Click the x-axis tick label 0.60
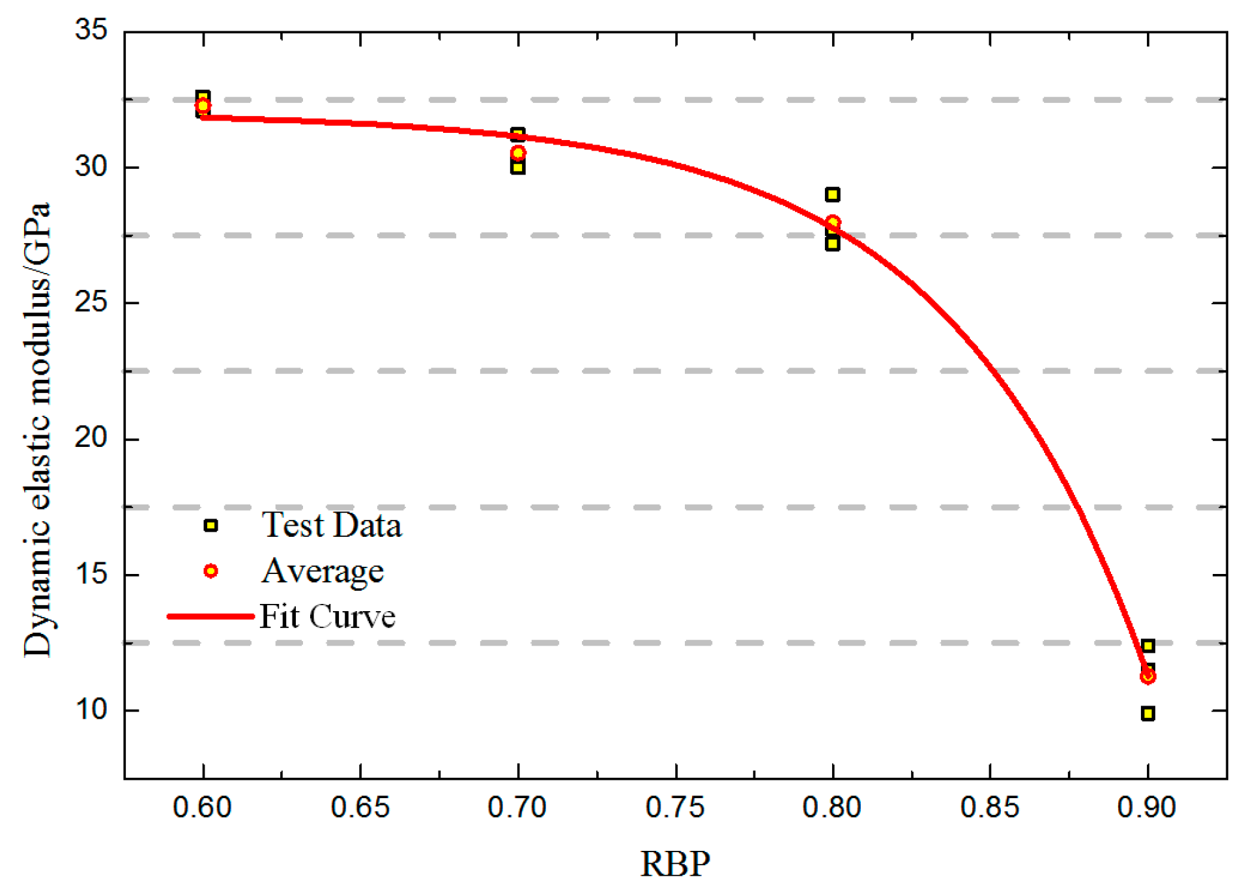click(202, 807)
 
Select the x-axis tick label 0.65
click(360, 807)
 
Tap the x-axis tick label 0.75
click(675, 807)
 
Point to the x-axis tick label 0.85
click(990, 807)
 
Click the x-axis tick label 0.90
click(1147, 807)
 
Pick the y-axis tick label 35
click(91, 30)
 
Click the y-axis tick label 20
click(91, 438)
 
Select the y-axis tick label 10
click(91, 709)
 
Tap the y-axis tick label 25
click(91, 302)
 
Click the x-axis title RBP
click(675, 864)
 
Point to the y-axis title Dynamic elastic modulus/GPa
click(37, 430)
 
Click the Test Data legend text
click(331, 525)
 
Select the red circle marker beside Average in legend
click(210, 571)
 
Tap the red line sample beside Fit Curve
click(210, 616)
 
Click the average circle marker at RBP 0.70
click(518, 153)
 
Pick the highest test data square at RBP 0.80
click(832, 194)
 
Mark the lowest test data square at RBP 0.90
click(1148, 713)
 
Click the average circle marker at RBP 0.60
click(203, 106)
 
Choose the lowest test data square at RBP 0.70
click(518, 167)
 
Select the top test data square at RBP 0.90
click(1148, 646)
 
